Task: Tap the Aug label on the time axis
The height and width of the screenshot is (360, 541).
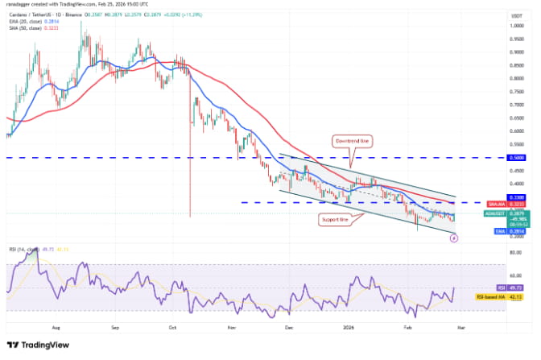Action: tap(57, 329)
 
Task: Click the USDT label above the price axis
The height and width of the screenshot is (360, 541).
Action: tap(513, 14)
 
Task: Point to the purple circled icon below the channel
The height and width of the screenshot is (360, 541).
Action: tap(454, 239)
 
